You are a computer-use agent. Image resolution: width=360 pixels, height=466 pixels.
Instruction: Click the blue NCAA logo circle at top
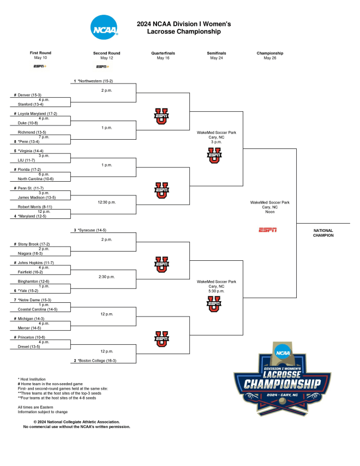click(104, 27)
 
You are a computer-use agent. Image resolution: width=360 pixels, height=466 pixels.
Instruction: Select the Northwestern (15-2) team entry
click(95, 81)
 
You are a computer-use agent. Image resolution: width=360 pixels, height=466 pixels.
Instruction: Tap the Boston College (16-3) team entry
click(97, 361)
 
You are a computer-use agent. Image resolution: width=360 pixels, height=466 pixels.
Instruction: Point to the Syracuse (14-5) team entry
click(92, 230)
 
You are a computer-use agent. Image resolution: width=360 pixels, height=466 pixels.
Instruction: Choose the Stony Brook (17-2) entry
click(34, 244)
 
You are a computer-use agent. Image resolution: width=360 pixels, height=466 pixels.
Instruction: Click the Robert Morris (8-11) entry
click(35, 207)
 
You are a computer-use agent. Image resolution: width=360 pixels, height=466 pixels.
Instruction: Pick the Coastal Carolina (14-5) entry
click(38, 309)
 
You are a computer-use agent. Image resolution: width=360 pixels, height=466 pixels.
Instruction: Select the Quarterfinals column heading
click(163, 53)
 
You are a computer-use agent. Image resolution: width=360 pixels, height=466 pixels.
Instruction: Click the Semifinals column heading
click(217, 53)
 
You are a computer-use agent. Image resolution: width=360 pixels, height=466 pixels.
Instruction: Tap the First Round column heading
click(40, 53)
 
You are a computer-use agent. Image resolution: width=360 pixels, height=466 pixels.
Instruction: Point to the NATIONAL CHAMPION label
click(323, 233)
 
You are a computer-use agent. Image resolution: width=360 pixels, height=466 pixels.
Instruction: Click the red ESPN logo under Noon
click(268, 230)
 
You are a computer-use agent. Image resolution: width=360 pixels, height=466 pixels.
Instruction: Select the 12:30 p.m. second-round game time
click(106, 202)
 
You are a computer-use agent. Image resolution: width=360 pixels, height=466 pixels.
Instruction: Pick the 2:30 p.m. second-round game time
click(106, 277)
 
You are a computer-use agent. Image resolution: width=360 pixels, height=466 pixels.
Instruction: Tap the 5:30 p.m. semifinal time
click(217, 291)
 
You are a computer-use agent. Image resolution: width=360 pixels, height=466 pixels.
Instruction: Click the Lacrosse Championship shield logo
click(282, 379)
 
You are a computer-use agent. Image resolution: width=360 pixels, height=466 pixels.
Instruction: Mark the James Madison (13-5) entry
click(37, 198)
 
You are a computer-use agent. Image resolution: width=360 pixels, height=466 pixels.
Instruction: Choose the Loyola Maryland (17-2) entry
click(37, 113)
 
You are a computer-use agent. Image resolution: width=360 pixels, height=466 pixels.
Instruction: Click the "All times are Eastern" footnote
click(35, 407)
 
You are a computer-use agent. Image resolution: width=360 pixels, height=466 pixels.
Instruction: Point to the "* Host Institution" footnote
click(32, 379)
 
